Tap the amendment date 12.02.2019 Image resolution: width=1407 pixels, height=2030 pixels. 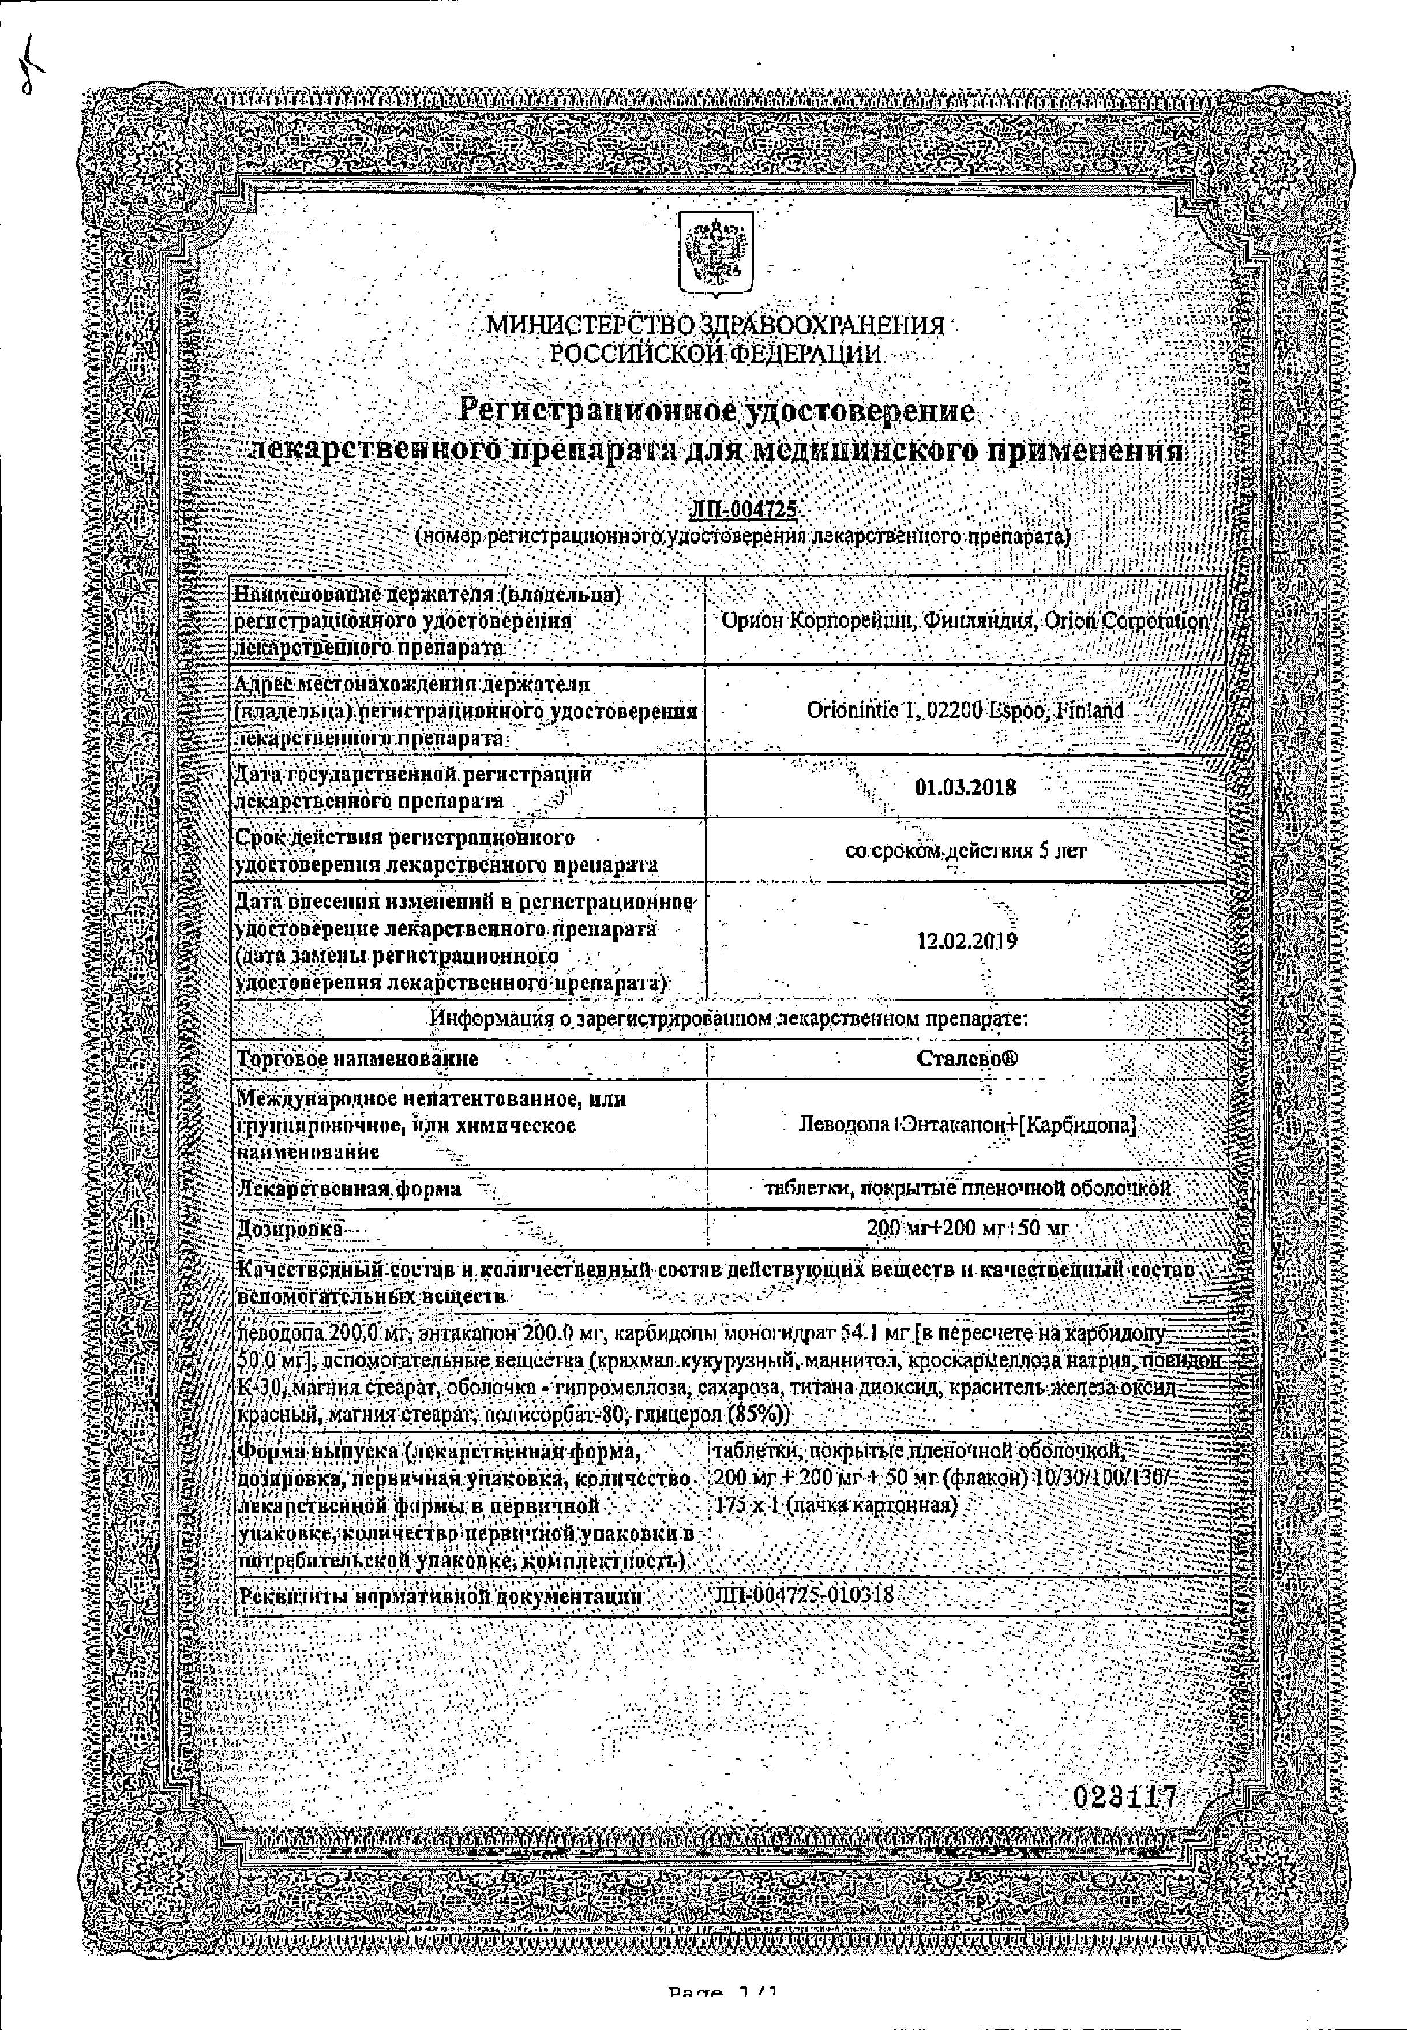coord(966,940)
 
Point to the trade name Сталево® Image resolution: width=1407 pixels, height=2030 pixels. coord(966,1058)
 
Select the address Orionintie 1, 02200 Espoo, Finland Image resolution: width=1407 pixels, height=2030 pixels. coord(965,710)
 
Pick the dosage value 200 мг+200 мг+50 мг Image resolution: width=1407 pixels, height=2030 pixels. coord(966,1227)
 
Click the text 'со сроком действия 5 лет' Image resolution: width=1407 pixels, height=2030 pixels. coord(965,851)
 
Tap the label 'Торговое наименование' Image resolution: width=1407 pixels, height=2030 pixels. coord(357,1058)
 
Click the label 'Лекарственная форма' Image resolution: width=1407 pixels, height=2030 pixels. coord(349,1189)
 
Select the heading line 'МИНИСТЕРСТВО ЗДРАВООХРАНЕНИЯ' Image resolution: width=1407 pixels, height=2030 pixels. coord(716,326)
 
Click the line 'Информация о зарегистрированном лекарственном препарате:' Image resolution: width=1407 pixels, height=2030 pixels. coord(728,1018)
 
